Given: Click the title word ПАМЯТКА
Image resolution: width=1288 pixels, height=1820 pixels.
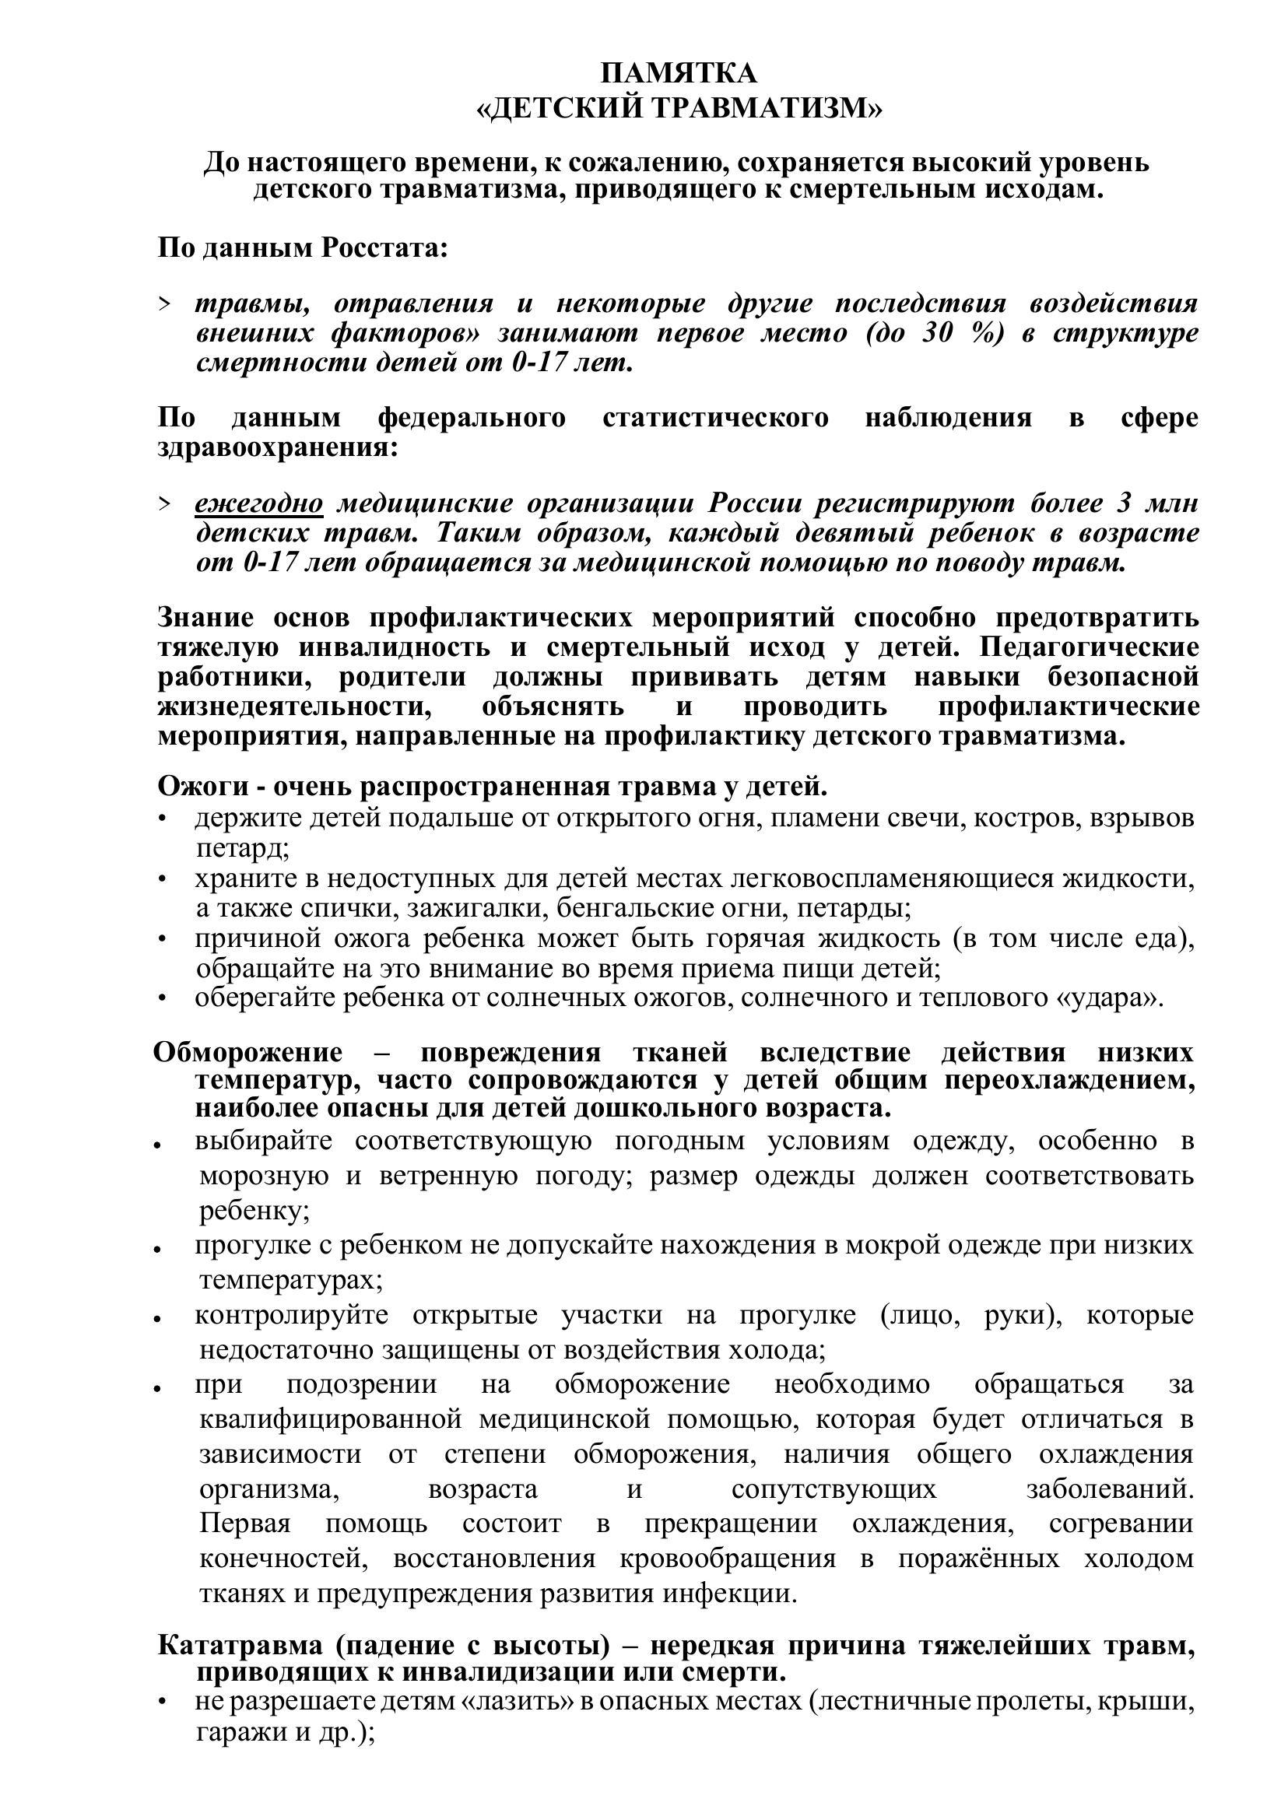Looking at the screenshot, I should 679,74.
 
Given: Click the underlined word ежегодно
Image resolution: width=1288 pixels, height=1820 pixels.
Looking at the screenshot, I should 258,503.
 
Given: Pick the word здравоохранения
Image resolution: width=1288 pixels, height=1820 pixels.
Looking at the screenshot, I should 277,447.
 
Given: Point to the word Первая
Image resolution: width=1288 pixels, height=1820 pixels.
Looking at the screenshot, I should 245,1524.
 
